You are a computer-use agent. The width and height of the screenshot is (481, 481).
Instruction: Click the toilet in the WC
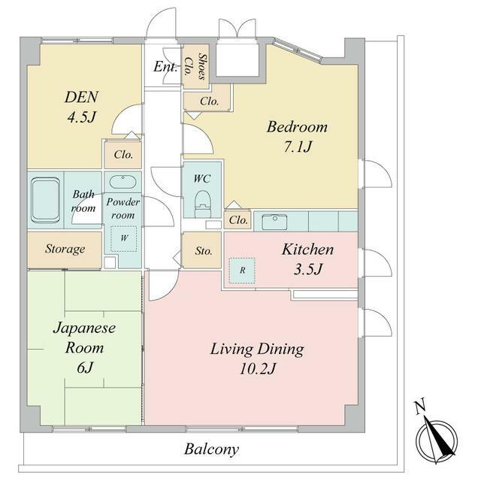(x=203, y=204)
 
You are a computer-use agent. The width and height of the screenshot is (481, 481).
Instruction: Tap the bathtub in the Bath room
(x=45, y=200)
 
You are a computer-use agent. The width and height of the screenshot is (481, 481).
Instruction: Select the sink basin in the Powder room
(x=123, y=182)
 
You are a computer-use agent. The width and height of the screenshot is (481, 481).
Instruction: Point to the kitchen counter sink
(x=274, y=222)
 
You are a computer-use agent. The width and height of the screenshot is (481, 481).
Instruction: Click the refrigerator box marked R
(x=242, y=271)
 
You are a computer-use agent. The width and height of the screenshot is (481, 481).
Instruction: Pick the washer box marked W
(x=123, y=239)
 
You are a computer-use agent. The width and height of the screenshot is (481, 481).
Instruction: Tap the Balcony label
(x=211, y=449)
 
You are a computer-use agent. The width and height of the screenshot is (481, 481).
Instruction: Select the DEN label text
(x=81, y=97)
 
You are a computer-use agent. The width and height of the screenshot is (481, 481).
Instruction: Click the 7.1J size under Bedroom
(x=298, y=147)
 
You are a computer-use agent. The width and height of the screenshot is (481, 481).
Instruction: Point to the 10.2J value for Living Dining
(x=258, y=368)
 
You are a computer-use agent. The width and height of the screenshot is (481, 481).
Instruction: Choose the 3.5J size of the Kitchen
(x=308, y=269)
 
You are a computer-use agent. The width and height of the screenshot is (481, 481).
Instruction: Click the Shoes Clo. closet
(x=195, y=66)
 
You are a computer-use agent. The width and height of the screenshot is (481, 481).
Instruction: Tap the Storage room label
(x=65, y=249)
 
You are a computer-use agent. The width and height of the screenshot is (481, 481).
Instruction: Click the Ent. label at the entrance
(x=165, y=67)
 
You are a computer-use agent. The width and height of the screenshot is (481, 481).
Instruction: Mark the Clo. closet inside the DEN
(x=123, y=154)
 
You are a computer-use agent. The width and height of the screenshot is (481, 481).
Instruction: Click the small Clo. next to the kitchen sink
(x=238, y=220)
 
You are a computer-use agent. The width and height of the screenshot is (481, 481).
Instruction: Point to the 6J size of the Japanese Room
(x=85, y=368)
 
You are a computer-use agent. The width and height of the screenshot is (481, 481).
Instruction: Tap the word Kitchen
(x=307, y=250)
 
